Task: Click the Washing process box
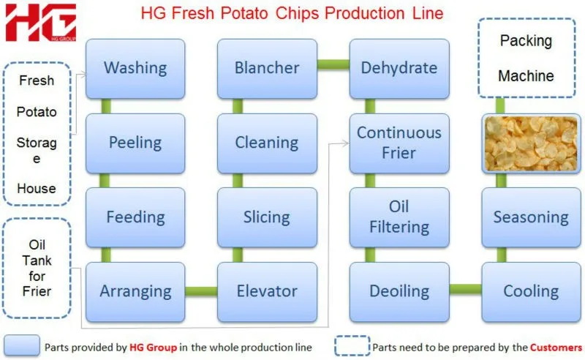[x=135, y=69]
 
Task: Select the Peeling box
[x=135, y=143]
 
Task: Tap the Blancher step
[x=267, y=69]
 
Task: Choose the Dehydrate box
[x=399, y=69]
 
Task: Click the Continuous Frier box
[x=399, y=143]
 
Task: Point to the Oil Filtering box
[x=399, y=217]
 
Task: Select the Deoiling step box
[x=399, y=291]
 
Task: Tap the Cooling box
[x=531, y=291]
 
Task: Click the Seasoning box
[x=531, y=217]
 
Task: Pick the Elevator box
[x=267, y=291]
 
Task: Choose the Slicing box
[x=267, y=217]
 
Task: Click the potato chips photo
[x=531, y=143]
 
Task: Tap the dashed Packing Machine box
[x=526, y=59]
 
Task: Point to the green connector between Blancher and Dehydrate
[x=333, y=64]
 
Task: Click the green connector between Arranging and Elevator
[x=201, y=291]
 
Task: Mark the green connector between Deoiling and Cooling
[x=465, y=289]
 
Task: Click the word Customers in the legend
[x=556, y=347]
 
